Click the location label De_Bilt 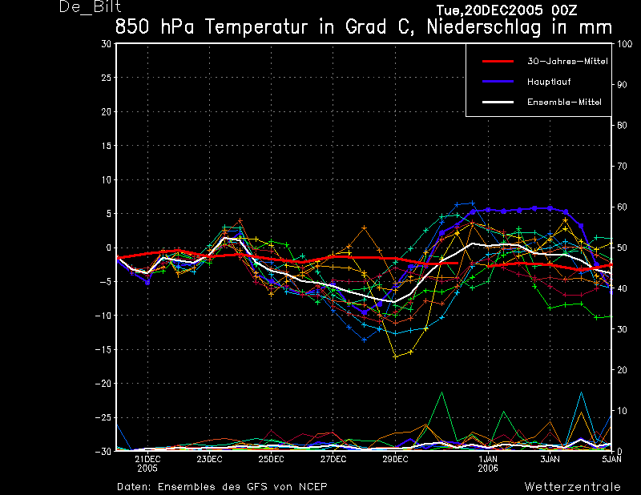(x=90, y=7)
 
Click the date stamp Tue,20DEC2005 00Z (x=506, y=10)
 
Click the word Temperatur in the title (x=256, y=27)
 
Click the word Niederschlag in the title (x=484, y=27)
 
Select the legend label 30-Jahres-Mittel (x=567, y=62)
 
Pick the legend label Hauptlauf (x=549, y=82)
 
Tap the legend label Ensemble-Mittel (x=564, y=103)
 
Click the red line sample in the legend (x=498, y=62)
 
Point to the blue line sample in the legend (x=498, y=82)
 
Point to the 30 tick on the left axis (x=107, y=44)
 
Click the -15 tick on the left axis (x=103, y=350)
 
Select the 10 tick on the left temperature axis (x=107, y=180)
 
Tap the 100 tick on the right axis (x=624, y=44)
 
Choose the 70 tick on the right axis (x=622, y=166)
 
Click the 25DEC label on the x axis (x=271, y=459)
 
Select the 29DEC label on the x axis (x=395, y=459)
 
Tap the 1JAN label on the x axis (x=488, y=459)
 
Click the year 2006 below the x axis (x=488, y=469)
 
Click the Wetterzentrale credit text (x=572, y=487)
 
